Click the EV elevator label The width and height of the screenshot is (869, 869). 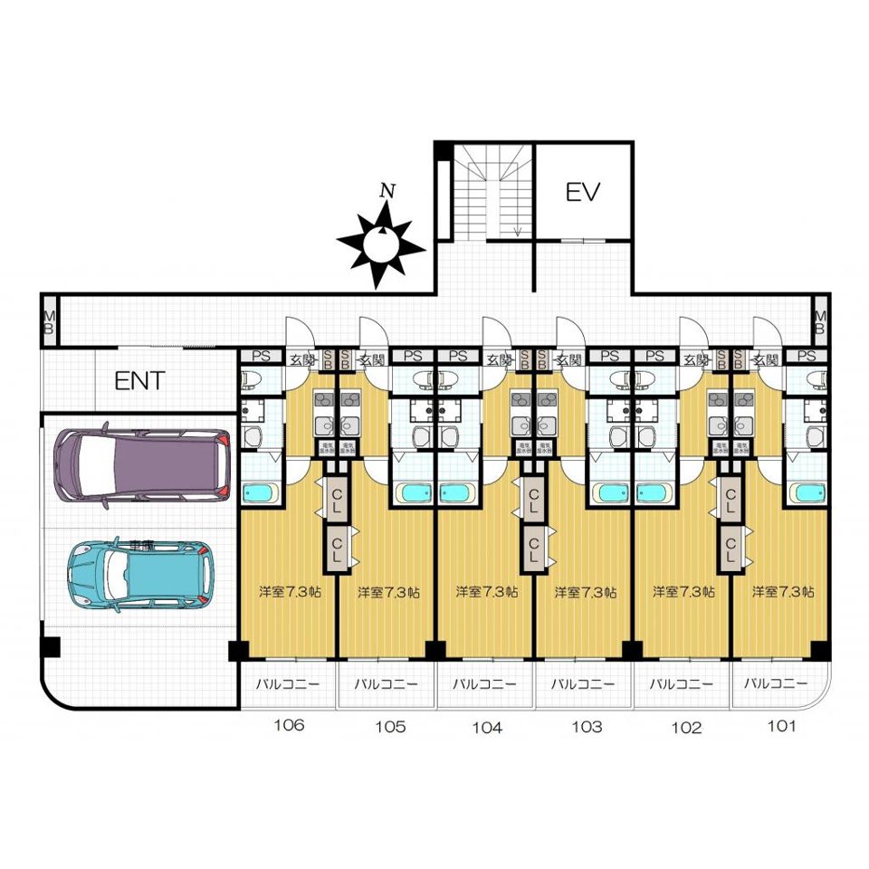pyautogui.click(x=584, y=192)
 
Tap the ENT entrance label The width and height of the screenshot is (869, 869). pyautogui.click(x=139, y=381)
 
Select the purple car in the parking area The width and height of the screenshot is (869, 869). pyautogui.click(x=141, y=465)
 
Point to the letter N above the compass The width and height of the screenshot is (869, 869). pyautogui.click(x=388, y=191)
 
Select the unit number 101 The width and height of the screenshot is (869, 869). pyautogui.click(x=781, y=725)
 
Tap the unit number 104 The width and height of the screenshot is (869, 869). pyautogui.click(x=486, y=726)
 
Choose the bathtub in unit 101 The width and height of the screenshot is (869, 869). pyautogui.click(x=806, y=493)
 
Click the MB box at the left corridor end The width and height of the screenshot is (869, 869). pyautogui.click(x=49, y=321)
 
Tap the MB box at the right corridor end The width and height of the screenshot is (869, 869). pyautogui.click(x=820, y=321)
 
